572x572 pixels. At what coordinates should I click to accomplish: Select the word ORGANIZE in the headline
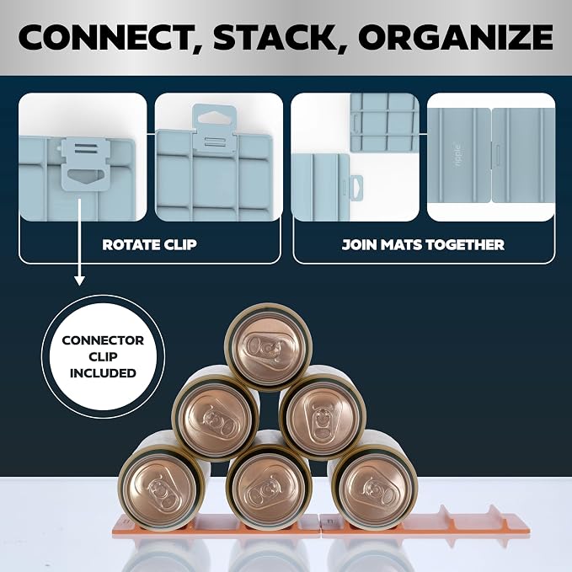click(456, 37)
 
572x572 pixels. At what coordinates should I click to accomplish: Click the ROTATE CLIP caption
click(150, 244)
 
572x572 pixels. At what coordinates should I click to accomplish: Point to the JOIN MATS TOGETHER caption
click(423, 244)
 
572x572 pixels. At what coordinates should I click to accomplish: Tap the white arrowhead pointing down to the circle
click(79, 281)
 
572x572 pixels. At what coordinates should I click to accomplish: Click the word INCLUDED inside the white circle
click(103, 373)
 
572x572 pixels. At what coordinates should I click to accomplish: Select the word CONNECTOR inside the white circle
click(103, 340)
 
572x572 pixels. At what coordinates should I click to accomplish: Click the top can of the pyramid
click(268, 346)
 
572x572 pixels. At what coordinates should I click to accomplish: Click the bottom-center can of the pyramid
click(269, 487)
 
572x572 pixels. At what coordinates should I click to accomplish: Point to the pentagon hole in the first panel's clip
click(83, 175)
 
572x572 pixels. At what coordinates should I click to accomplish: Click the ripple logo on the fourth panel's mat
click(458, 155)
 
